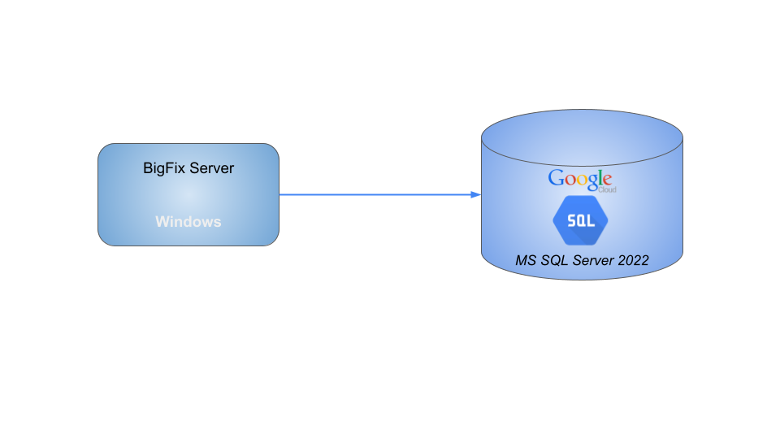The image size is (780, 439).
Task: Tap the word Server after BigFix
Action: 211,168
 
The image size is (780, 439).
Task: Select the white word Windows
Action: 188,221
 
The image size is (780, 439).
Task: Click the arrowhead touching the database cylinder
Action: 476,194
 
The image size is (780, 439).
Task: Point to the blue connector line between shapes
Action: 374,194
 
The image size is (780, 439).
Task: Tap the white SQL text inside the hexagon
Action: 581,221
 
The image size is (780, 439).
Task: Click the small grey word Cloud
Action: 607,189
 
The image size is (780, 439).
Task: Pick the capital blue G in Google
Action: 557,178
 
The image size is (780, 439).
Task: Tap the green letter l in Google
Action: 600,178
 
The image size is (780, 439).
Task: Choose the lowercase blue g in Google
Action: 591,182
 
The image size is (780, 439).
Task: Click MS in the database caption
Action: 526,261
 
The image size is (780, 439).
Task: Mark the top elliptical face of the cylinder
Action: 582,134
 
